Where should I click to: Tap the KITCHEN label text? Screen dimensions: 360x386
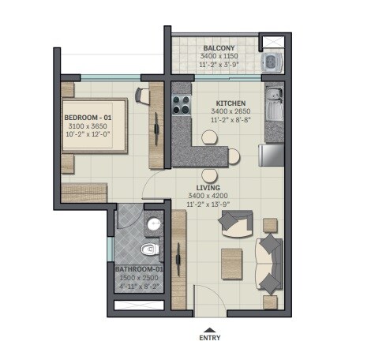pyautogui.click(x=232, y=103)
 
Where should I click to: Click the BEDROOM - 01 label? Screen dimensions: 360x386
pyautogui.click(x=88, y=118)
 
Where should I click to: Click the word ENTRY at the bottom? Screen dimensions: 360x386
pyautogui.click(x=208, y=339)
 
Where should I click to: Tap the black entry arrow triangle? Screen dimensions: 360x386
pyautogui.click(x=208, y=328)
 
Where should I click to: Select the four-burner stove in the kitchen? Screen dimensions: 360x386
pyautogui.click(x=180, y=103)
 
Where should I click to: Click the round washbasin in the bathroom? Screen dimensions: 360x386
pyautogui.click(x=155, y=224)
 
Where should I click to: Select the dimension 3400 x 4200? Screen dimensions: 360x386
pyautogui.click(x=208, y=196)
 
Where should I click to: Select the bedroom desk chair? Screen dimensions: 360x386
pyautogui.click(x=142, y=96)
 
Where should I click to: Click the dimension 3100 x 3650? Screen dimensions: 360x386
pyautogui.click(x=88, y=127)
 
